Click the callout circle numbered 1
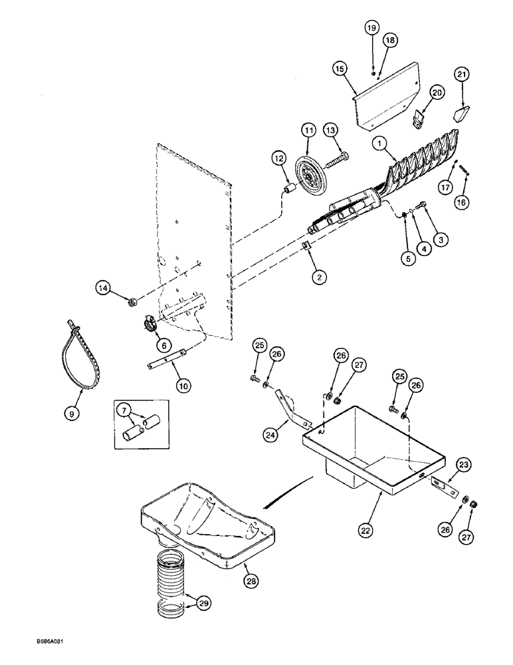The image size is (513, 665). coord(381,142)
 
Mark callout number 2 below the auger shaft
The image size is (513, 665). coord(320,278)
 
